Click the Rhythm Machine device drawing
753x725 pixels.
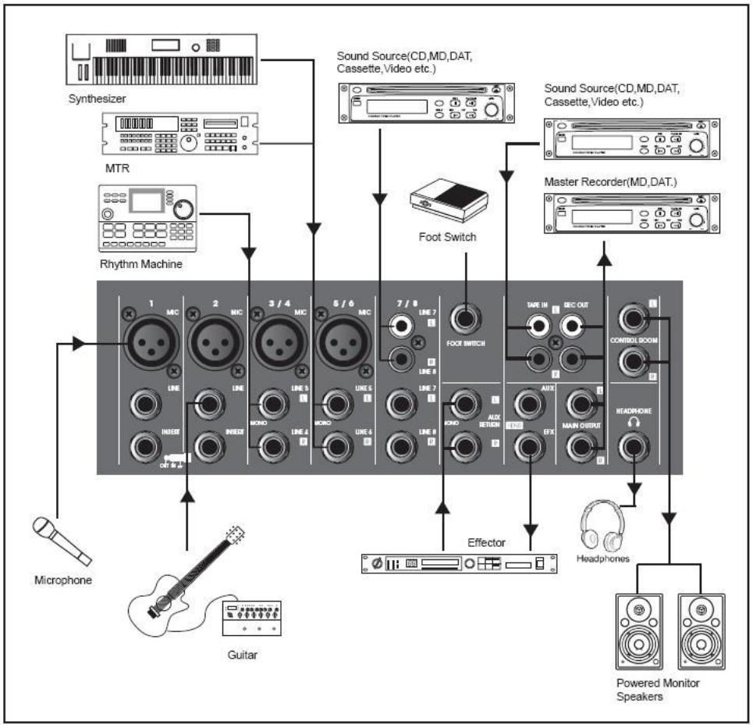click(147, 221)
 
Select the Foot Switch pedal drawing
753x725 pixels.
click(446, 202)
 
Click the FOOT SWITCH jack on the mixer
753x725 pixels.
click(466, 319)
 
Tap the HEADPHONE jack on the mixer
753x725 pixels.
click(634, 448)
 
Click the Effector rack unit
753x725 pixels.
click(460, 562)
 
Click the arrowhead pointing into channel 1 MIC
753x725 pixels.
click(78, 343)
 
